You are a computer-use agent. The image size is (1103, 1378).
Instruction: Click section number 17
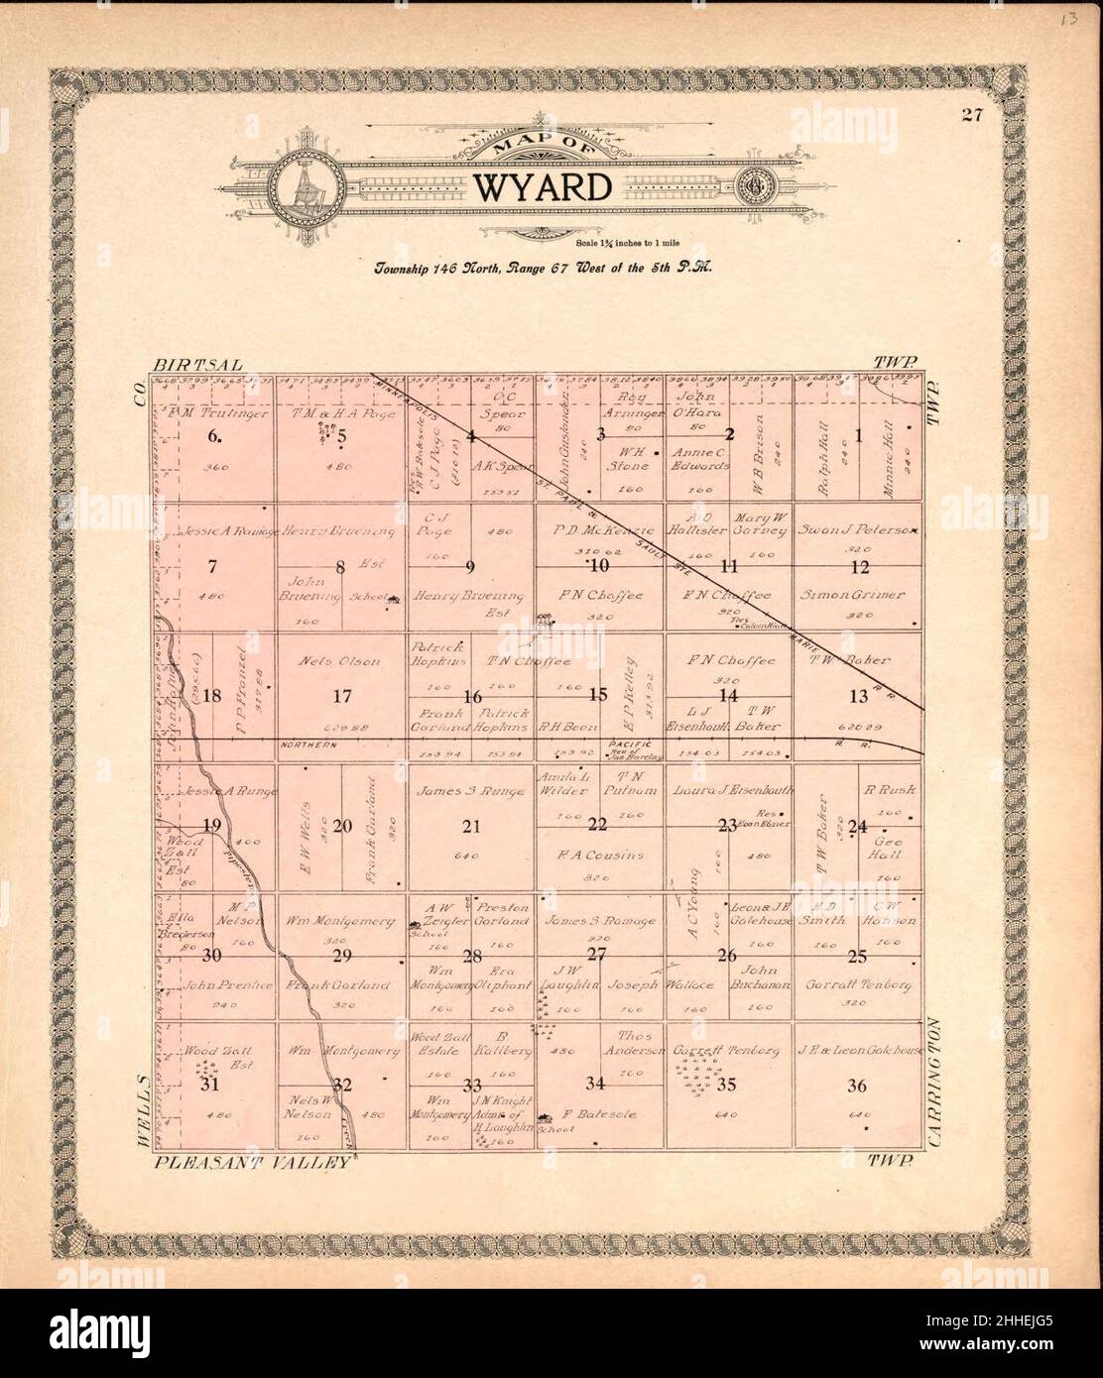342,695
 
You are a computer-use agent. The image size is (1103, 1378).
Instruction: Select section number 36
857,1086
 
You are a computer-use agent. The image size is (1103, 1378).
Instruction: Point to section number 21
471,826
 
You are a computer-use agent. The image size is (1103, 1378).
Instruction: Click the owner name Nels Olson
342,661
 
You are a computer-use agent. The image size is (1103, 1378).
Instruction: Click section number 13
858,697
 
